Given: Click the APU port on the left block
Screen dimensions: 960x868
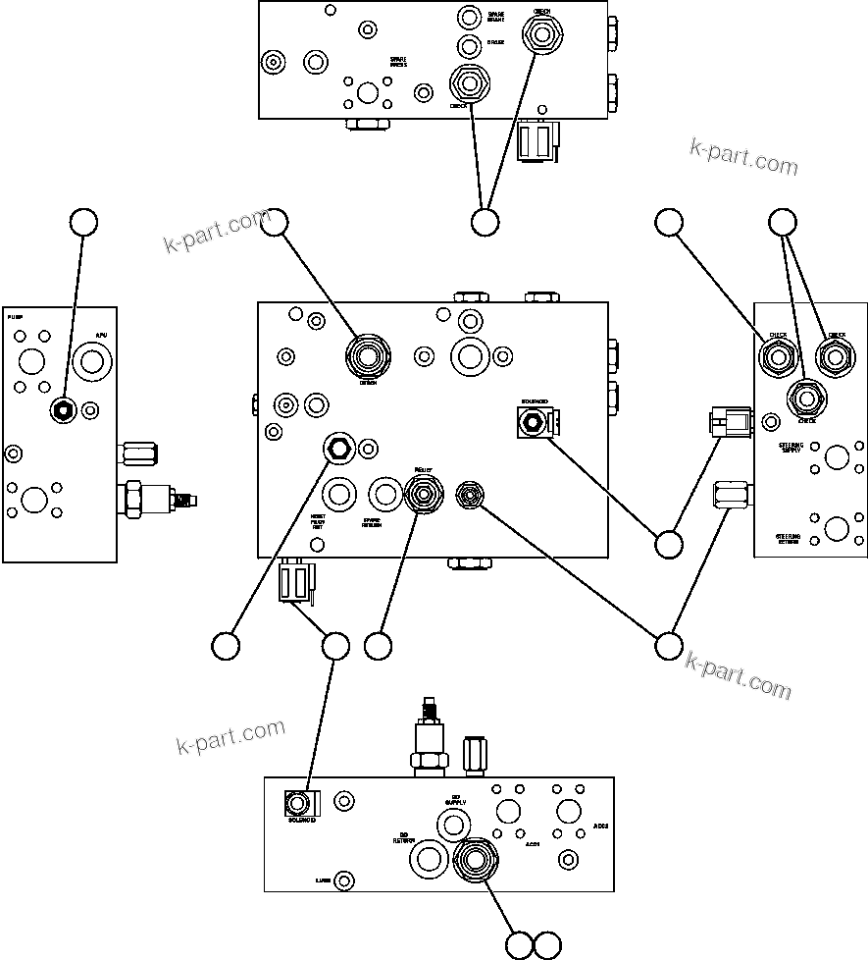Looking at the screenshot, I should point(93,362).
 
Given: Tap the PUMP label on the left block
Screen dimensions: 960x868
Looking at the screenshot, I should point(15,318).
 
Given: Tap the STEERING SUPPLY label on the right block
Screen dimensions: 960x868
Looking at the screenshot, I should point(791,449).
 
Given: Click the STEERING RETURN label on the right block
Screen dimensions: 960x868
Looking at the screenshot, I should point(789,540).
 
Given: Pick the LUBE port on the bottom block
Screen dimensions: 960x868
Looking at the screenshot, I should point(344,880).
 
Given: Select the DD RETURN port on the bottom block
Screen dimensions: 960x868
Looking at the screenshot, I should point(430,858).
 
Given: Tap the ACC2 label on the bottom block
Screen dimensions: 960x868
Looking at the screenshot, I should point(600,826).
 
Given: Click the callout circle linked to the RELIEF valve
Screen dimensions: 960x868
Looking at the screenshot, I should point(378,646).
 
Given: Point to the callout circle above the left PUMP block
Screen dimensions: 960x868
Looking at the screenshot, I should point(84,223).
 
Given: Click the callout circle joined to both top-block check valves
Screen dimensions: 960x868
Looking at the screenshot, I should point(485,223).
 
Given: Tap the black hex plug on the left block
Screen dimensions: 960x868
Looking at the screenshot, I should point(63,409).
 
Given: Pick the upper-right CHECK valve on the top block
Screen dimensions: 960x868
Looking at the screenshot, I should point(540,37).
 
